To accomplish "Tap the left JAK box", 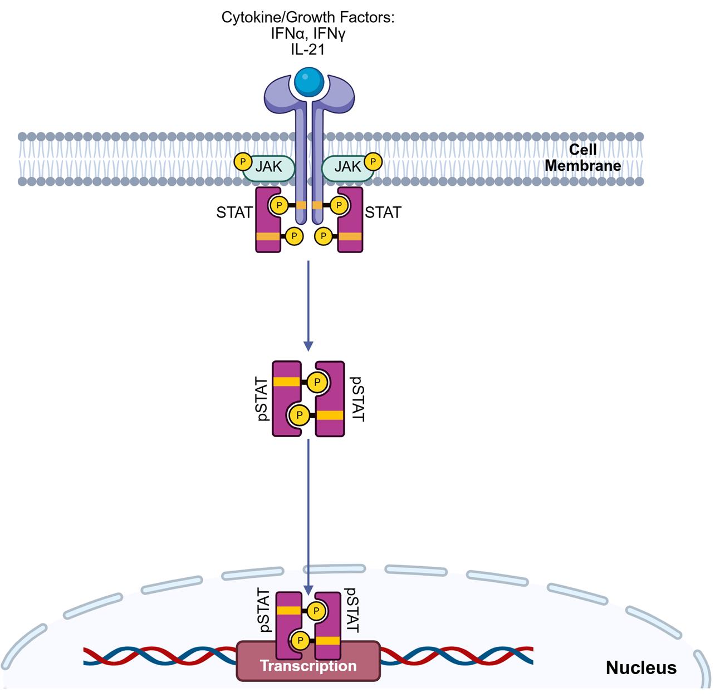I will coord(268,166).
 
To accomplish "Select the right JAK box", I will coord(347,166).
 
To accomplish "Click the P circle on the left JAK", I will coord(242,161).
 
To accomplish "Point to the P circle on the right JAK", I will coord(373,162).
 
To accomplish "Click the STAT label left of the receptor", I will coord(234,212).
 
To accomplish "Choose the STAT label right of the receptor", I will coord(383,212).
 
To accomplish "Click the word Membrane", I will coord(583,165).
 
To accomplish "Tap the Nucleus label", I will coord(641,667).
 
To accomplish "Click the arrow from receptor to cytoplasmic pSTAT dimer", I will coord(308,303).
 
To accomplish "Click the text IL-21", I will coord(308,49).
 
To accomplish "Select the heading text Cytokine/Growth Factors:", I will coord(308,18).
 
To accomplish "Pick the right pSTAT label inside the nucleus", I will coord(352,610).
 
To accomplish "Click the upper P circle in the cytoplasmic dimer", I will coord(317,383).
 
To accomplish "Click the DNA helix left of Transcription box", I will coord(161,656).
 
